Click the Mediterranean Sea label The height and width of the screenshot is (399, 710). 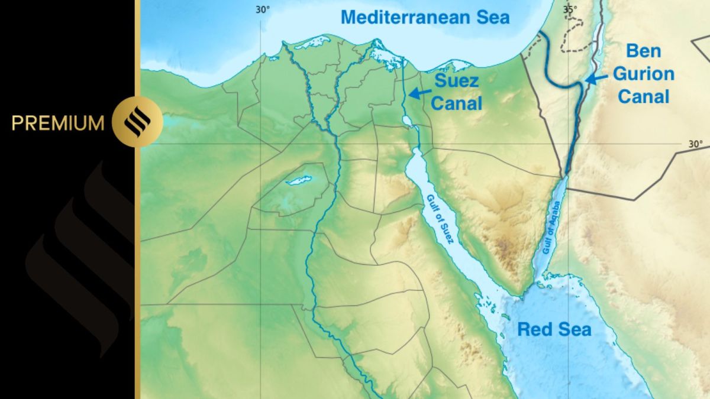pyautogui.click(x=425, y=17)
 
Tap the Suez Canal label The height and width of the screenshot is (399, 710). pyautogui.click(x=456, y=92)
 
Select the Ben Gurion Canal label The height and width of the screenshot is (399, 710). pyautogui.click(x=644, y=73)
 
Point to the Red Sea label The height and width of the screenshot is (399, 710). pyautogui.click(x=554, y=329)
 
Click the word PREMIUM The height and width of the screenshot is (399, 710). pyautogui.click(x=57, y=123)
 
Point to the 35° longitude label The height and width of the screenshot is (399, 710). pyautogui.click(x=570, y=9)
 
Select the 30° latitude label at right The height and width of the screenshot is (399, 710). pyautogui.click(x=695, y=144)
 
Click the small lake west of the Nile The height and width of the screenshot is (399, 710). pyautogui.click(x=299, y=180)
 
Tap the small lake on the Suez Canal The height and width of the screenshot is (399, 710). pyautogui.click(x=406, y=122)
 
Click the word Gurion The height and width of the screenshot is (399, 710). pyautogui.click(x=644, y=74)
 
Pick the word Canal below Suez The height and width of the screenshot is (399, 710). pyautogui.click(x=456, y=103)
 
